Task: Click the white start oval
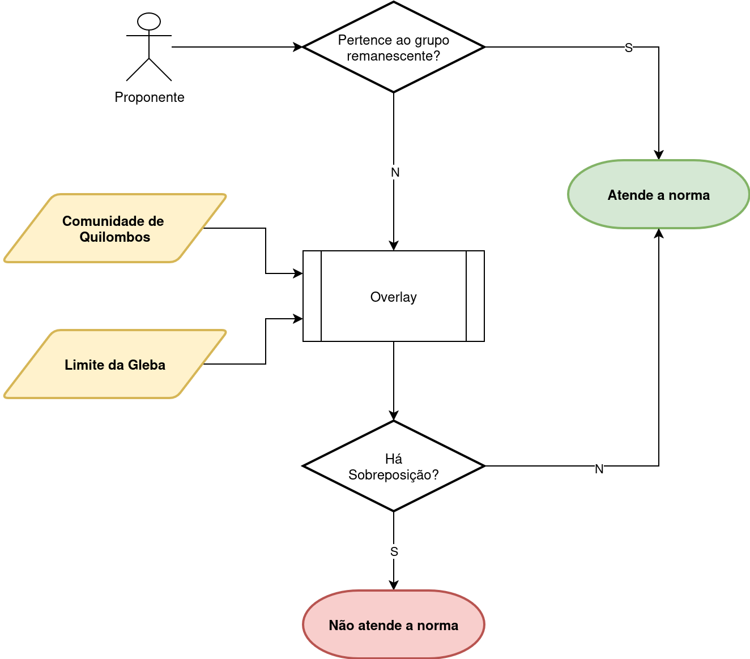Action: pyautogui.click(x=149, y=22)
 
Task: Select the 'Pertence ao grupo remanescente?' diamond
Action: pyautogui.click(x=394, y=47)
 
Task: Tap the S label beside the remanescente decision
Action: pyautogui.click(x=628, y=48)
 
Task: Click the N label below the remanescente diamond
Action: pyautogui.click(x=395, y=172)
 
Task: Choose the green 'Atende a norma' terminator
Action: pyautogui.click(x=658, y=195)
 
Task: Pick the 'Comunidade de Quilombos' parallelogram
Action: pyautogui.click(x=115, y=228)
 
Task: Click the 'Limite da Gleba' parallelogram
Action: pyautogui.click(x=115, y=365)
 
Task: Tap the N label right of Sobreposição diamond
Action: pyautogui.click(x=599, y=469)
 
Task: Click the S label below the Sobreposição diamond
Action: pyautogui.click(x=394, y=551)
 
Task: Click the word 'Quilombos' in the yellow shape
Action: pyautogui.click(x=115, y=237)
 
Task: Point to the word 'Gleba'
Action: pyautogui.click(x=147, y=365)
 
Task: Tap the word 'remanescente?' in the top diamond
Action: pyautogui.click(x=394, y=56)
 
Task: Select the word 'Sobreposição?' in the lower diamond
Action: pyautogui.click(x=394, y=475)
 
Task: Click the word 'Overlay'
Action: pyautogui.click(x=394, y=297)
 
